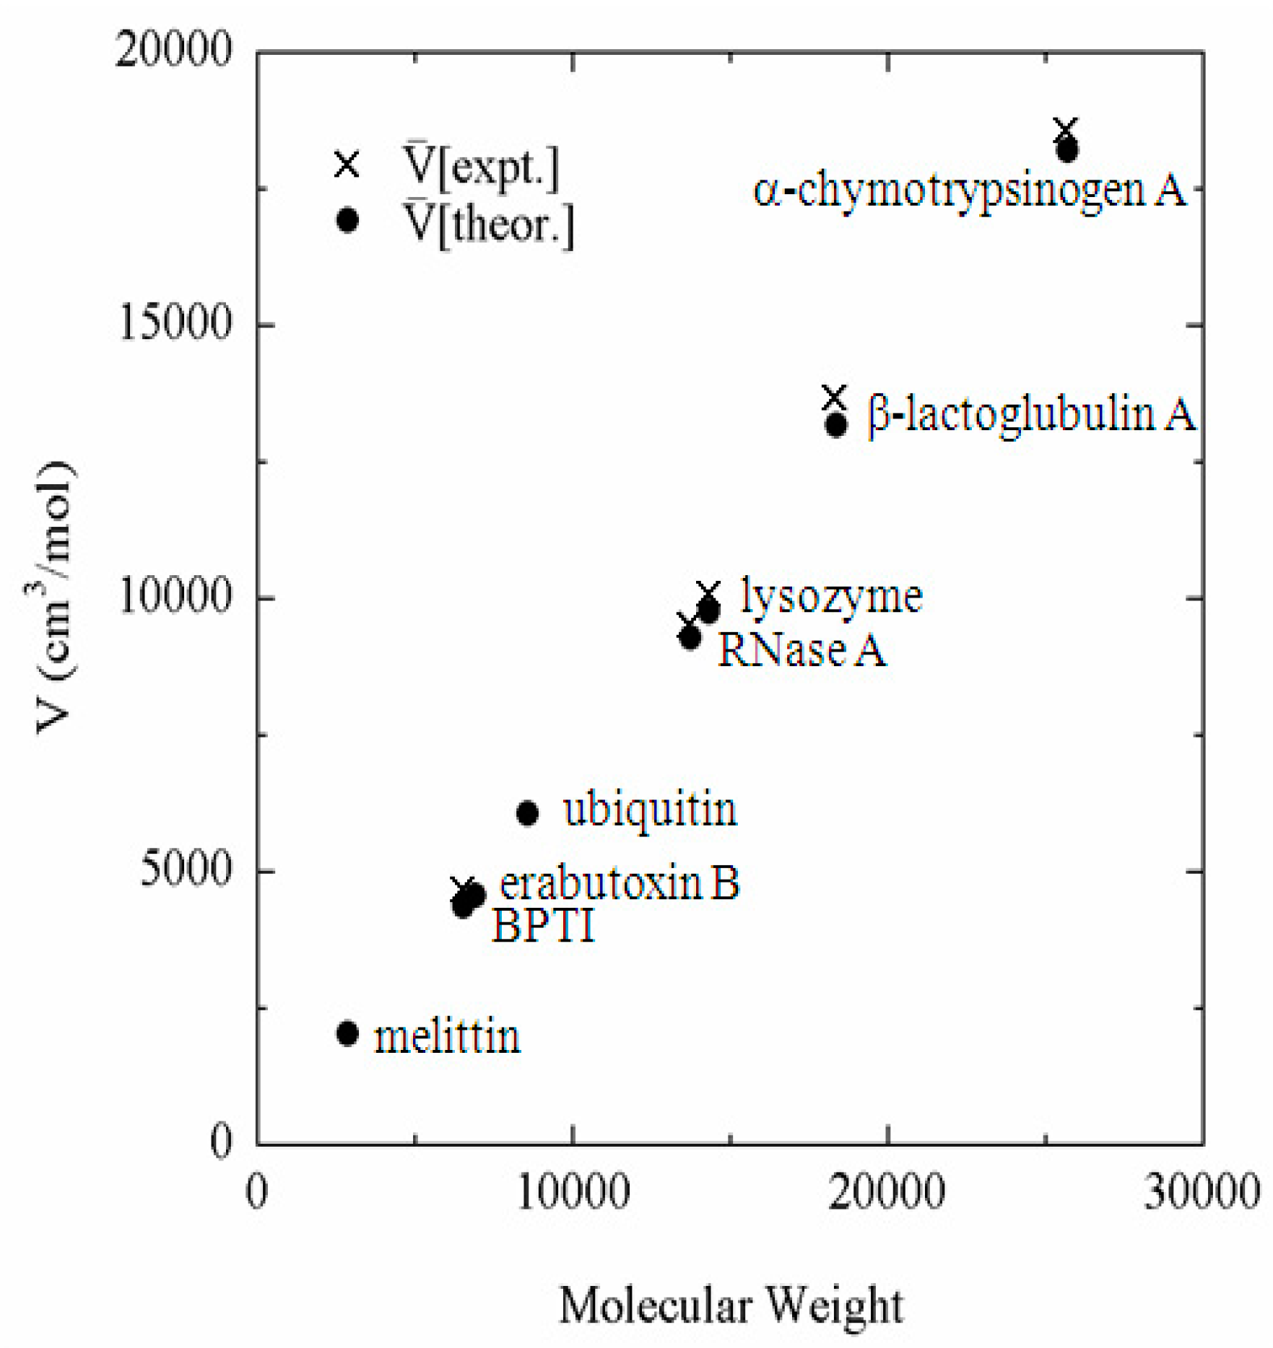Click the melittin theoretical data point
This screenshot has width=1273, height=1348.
[x=347, y=1033]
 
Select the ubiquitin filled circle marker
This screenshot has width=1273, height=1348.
[x=527, y=813]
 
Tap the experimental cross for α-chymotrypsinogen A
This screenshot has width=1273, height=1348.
[x=1065, y=131]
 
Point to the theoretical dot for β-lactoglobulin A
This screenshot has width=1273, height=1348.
[x=836, y=425]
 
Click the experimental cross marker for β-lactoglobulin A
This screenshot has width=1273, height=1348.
[x=834, y=397]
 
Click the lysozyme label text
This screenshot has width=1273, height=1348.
[x=831, y=598]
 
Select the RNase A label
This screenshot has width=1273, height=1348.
[x=801, y=649]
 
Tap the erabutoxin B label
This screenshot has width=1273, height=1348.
[x=620, y=883]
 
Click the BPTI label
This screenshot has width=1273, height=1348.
[x=543, y=925]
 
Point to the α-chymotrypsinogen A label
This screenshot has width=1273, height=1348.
[x=969, y=191]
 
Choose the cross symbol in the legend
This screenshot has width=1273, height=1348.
[x=347, y=164]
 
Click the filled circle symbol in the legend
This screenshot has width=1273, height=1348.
[x=347, y=219]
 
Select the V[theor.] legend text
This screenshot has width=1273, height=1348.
[x=488, y=224]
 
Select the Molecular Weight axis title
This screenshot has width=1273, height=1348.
[x=731, y=1305]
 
